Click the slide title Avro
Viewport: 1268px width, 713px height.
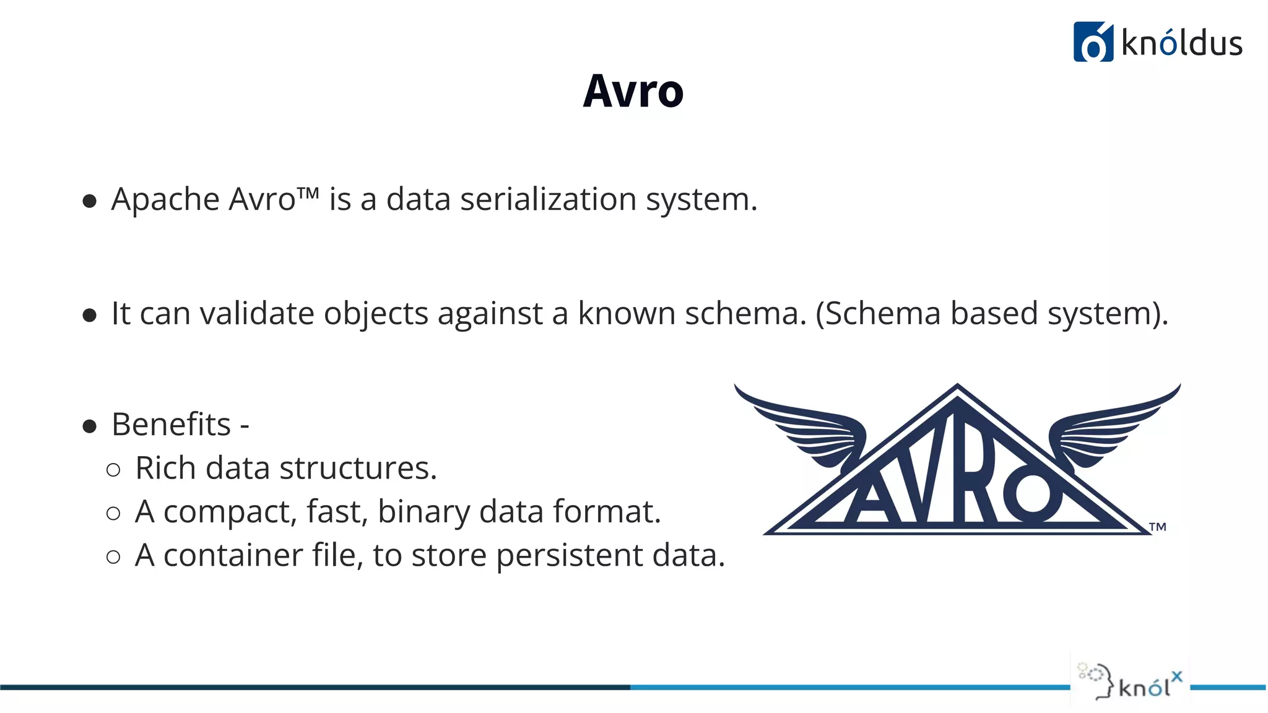(633, 92)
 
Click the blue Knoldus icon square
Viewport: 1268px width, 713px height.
(1093, 42)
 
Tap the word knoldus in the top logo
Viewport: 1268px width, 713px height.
(1182, 44)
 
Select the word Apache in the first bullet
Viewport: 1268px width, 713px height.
(165, 200)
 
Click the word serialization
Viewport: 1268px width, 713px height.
(548, 200)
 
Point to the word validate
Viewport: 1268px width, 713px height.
(257, 313)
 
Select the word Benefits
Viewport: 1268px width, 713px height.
(171, 425)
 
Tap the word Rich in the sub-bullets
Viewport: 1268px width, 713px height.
(165, 468)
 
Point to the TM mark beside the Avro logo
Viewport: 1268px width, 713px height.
(1157, 527)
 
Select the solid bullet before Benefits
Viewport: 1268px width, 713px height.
(90, 426)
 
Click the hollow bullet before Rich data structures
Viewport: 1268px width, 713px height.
(113, 470)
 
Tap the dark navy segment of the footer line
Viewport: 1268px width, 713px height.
(310, 687)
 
